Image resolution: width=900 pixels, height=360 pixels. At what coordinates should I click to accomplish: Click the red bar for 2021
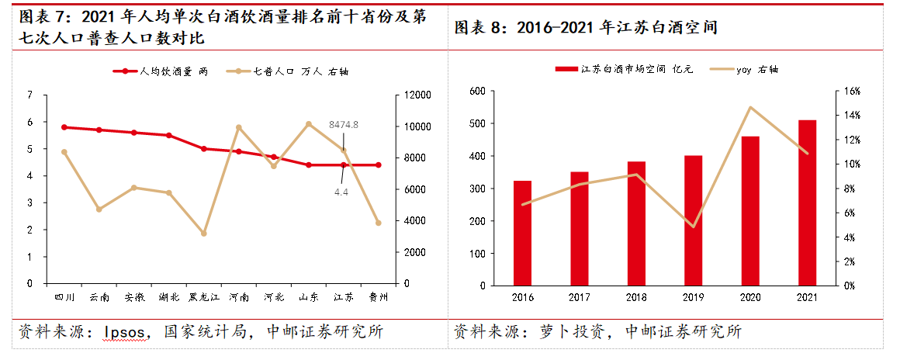click(807, 202)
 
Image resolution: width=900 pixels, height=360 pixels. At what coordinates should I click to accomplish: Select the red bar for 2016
click(522, 233)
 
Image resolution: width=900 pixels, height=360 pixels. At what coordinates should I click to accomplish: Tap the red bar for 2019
click(693, 220)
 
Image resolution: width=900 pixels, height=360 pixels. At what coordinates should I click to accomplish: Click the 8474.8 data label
click(344, 124)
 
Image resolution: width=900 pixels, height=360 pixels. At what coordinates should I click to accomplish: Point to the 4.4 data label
click(341, 191)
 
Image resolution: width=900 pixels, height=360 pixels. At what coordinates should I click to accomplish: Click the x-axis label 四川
click(64, 297)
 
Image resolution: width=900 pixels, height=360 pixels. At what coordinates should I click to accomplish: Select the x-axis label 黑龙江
click(203, 297)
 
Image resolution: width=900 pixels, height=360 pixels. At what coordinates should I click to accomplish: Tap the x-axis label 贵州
click(379, 297)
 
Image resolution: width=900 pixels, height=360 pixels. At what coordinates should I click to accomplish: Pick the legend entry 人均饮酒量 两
click(161, 71)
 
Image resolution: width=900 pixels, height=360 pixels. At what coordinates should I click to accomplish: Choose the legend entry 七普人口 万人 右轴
click(286, 71)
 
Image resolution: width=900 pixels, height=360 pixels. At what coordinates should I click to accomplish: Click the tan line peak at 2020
click(750, 107)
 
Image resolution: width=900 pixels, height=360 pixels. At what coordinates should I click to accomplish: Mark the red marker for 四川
click(64, 127)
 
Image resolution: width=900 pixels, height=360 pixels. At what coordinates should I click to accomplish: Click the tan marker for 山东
click(308, 124)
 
